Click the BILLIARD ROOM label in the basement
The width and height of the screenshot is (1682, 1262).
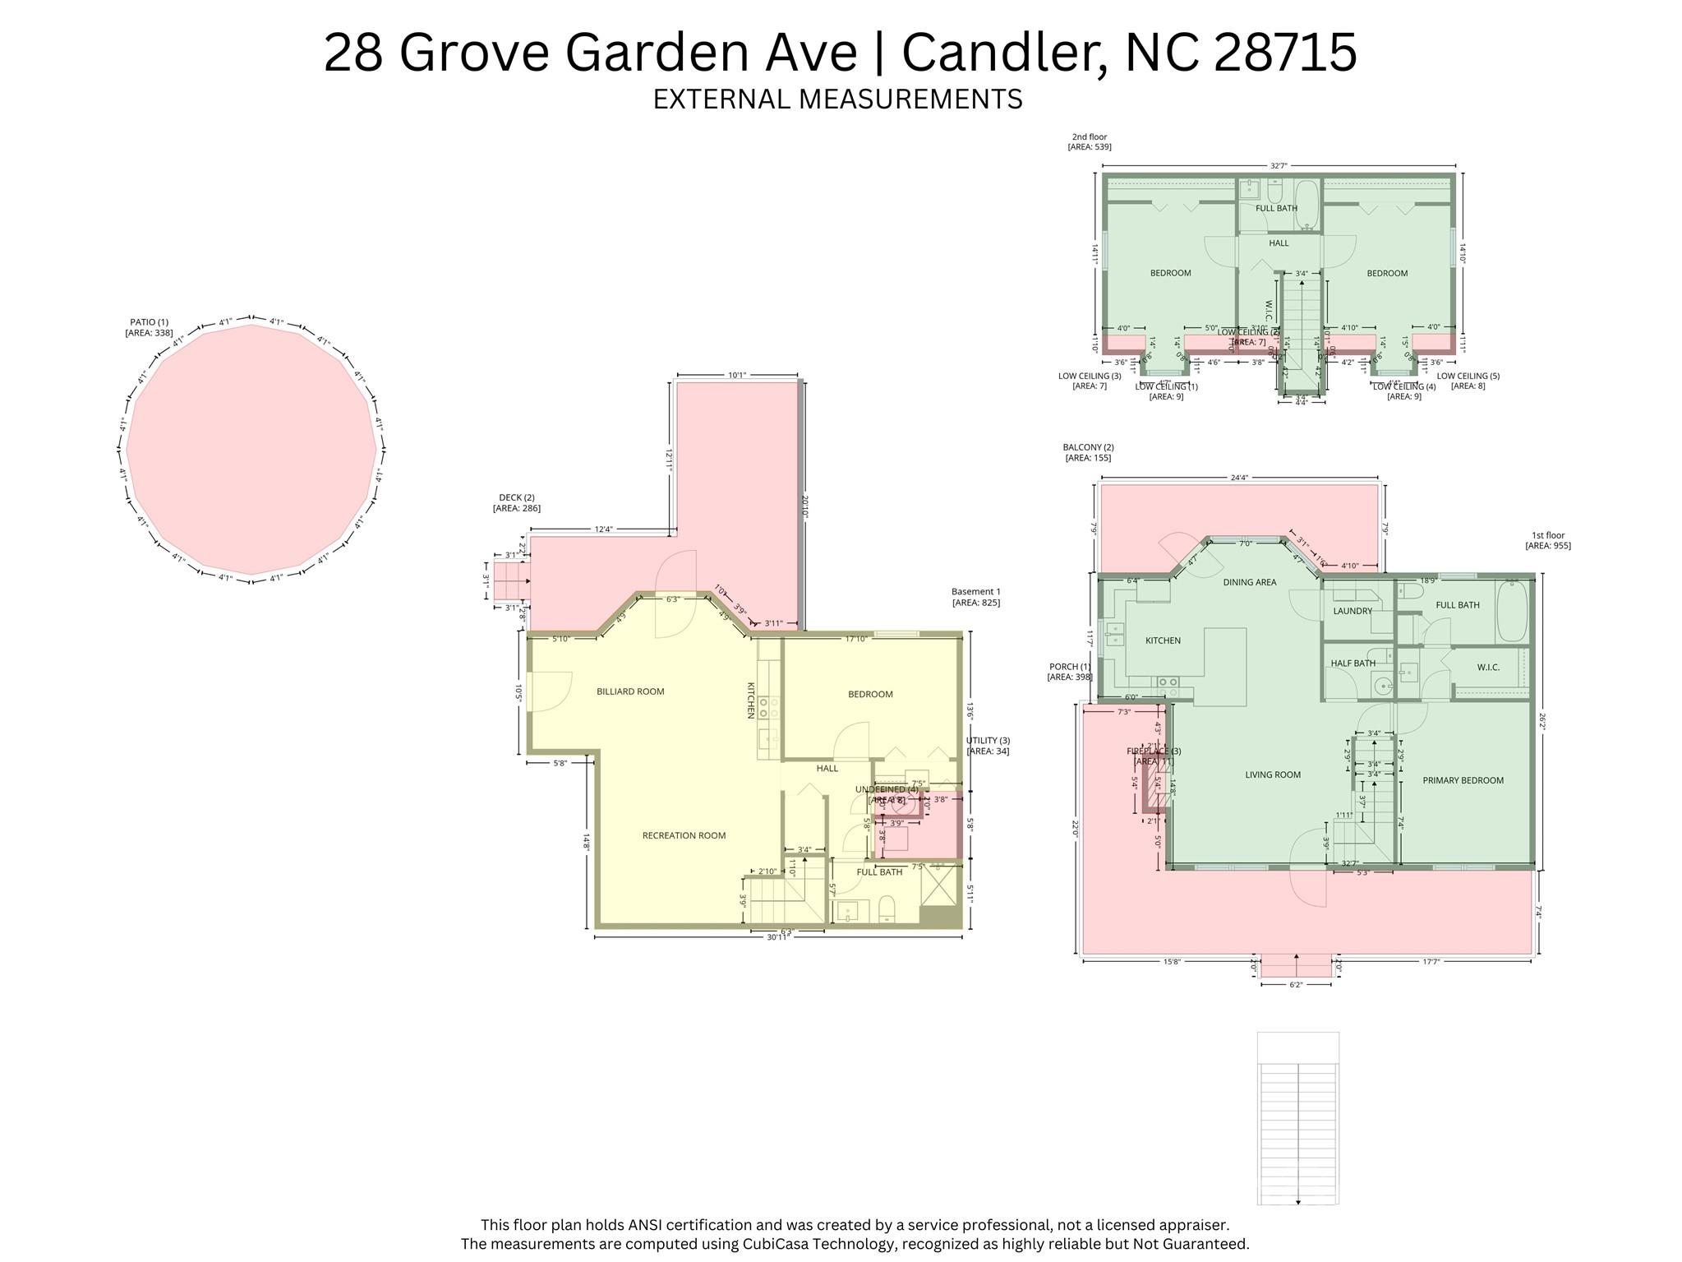pyautogui.click(x=630, y=691)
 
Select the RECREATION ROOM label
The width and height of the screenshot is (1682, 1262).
pyautogui.click(x=684, y=835)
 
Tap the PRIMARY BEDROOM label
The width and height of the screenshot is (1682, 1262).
pyautogui.click(x=1463, y=780)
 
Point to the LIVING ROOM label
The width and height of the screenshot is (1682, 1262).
pyautogui.click(x=1272, y=774)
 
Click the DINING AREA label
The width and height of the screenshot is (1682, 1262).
pyautogui.click(x=1249, y=582)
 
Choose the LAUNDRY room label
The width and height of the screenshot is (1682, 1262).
pyautogui.click(x=1353, y=611)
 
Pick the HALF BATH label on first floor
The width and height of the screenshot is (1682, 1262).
pyautogui.click(x=1353, y=663)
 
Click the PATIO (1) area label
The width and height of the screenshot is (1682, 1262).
pyautogui.click(x=149, y=327)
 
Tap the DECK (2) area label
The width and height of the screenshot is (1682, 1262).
pyautogui.click(x=516, y=502)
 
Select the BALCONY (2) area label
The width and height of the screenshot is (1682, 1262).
pyautogui.click(x=1088, y=452)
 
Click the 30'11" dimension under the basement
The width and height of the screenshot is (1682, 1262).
pyautogui.click(x=777, y=937)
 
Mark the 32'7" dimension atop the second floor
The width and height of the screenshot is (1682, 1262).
pyautogui.click(x=1279, y=166)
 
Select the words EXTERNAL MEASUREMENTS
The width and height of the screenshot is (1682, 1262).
pyautogui.click(x=837, y=99)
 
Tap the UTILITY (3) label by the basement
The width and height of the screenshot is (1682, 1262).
pyautogui.click(x=988, y=746)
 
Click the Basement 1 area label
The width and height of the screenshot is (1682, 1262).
pyautogui.click(x=975, y=597)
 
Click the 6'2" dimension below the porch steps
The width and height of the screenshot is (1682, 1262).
pyautogui.click(x=1296, y=984)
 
